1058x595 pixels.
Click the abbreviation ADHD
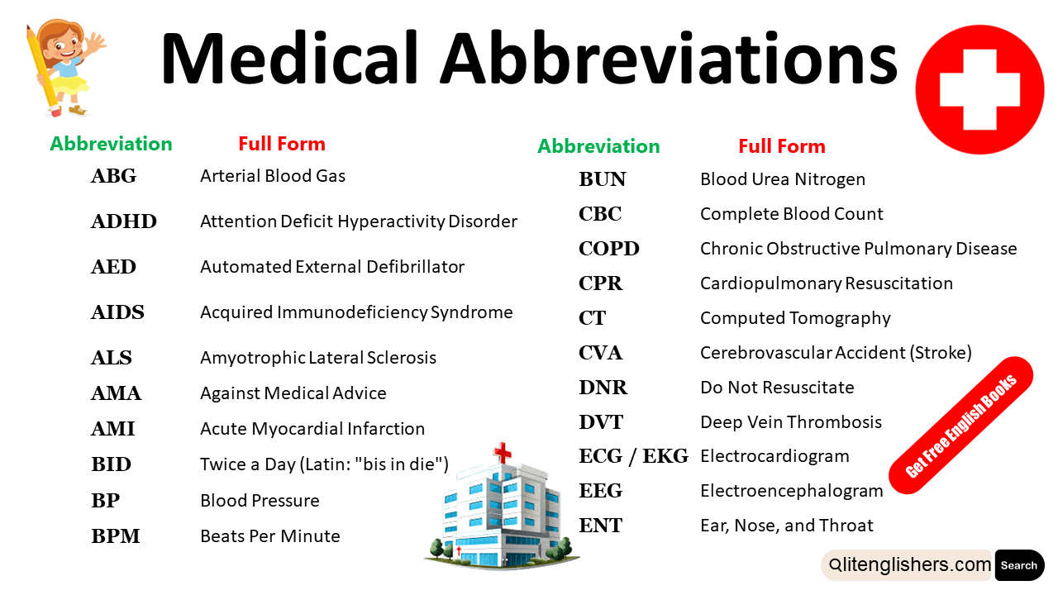pyautogui.click(x=123, y=221)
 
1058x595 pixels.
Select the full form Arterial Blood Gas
pyautogui.click(x=273, y=176)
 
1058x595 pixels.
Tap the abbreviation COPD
pyautogui.click(x=609, y=249)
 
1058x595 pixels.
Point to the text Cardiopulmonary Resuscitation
pyautogui.click(x=827, y=283)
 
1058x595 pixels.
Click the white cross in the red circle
pyautogui.click(x=979, y=89)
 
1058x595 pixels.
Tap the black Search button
pyautogui.click(x=1019, y=565)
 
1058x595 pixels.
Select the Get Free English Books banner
pyautogui.click(x=960, y=426)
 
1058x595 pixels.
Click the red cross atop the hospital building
pyautogui.click(x=503, y=453)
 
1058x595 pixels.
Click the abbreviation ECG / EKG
pyautogui.click(x=633, y=456)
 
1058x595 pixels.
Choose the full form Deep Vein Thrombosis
pyautogui.click(x=791, y=422)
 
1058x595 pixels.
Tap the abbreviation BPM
pyautogui.click(x=116, y=536)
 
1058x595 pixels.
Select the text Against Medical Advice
pyautogui.click(x=293, y=393)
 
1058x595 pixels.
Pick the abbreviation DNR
pyautogui.click(x=603, y=388)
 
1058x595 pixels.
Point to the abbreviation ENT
pyautogui.click(x=601, y=526)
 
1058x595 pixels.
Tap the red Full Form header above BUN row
pyautogui.click(x=781, y=146)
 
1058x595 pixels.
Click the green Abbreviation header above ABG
pyautogui.click(x=111, y=144)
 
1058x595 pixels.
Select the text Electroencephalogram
pyautogui.click(x=792, y=491)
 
